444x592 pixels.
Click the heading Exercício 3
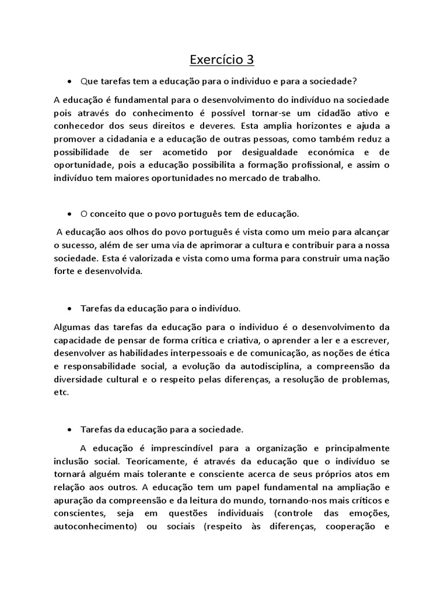(x=222, y=60)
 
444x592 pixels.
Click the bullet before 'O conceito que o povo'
(x=69, y=213)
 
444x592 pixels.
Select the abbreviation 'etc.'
(x=61, y=392)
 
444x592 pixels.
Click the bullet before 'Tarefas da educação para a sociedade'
(x=69, y=430)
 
